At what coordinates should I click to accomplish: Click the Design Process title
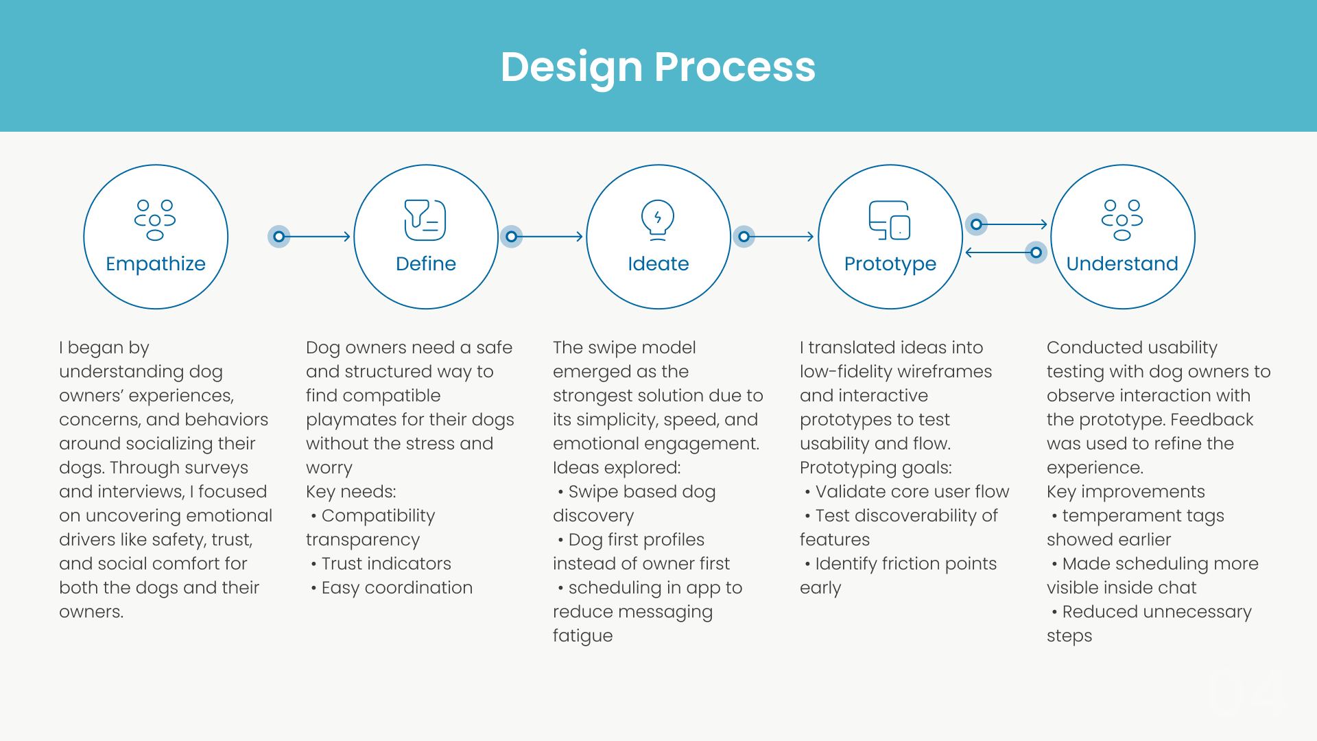click(x=658, y=67)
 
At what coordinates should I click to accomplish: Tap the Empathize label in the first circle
click(x=156, y=264)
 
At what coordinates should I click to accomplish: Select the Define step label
click(x=426, y=264)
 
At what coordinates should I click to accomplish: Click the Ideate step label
click(x=658, y=264)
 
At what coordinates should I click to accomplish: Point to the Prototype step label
click(x=890, y=264)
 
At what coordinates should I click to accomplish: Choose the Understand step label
click(x=1122, y=264)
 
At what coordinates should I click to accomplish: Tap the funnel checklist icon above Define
click(x=425, y=220)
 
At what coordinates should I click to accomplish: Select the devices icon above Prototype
click(x=890, y=220)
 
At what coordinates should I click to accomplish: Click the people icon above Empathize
click(x=155, y=220)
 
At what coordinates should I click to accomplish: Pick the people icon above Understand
click(x=1122, y=220)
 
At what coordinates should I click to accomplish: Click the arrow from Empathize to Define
click(x=316, y=237)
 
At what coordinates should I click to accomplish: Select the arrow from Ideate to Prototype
click(x=780, y=237)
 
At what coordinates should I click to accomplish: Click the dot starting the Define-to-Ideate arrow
click(x=511, y=237)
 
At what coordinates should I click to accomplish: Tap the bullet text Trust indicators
click(x=386, y=564)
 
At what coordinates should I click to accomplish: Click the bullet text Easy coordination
click(x=396, y=588)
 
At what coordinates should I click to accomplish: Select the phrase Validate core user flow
click(x=912, y=492)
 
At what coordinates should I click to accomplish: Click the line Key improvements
click(x=1126, y=492)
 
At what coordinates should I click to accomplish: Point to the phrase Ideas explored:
click(x=617, y=468)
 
